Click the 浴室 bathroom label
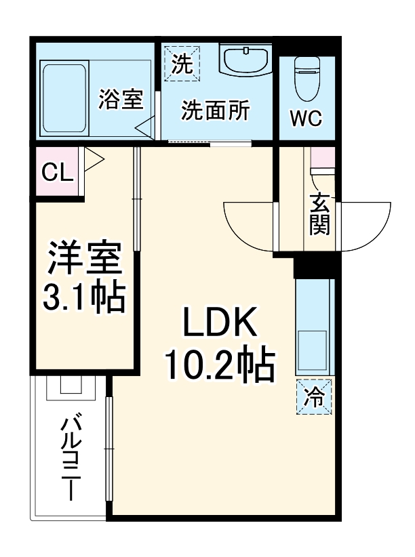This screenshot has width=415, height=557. tap(120, 100)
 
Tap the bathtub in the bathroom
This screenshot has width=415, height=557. tap(64, 99)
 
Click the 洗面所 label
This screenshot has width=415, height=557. tap(214, 111)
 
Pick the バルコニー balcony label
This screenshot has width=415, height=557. tap(71, 458)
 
